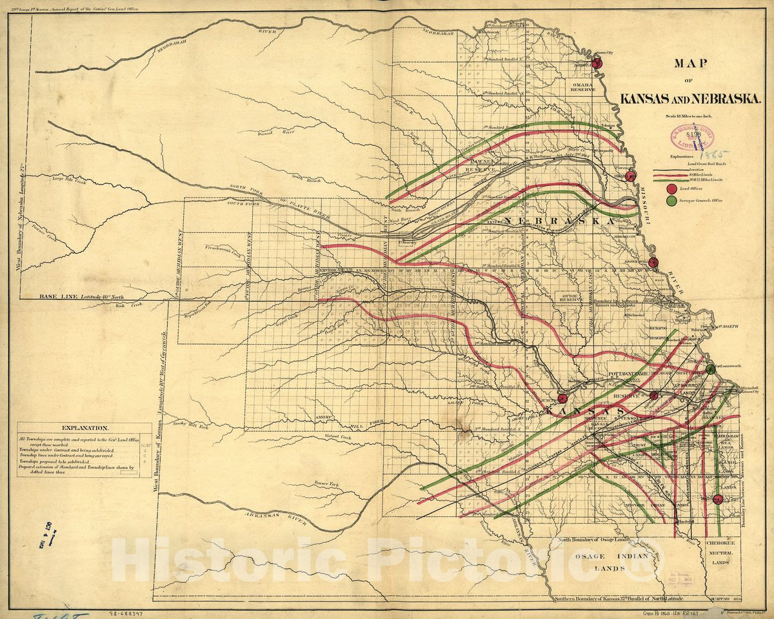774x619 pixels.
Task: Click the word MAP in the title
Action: (691, 64)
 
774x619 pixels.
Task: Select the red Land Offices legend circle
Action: (671, 188)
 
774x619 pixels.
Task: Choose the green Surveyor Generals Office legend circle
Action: (671, 201)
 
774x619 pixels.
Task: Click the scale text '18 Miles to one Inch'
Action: (690, 116)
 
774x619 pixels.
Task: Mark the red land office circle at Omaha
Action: (631, 176)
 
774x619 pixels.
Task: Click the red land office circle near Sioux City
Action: (597, 63)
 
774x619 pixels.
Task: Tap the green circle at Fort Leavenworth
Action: (710, 369)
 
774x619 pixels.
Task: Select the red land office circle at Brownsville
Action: (653, 262)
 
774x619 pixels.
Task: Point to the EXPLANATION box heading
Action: (85, 428)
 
